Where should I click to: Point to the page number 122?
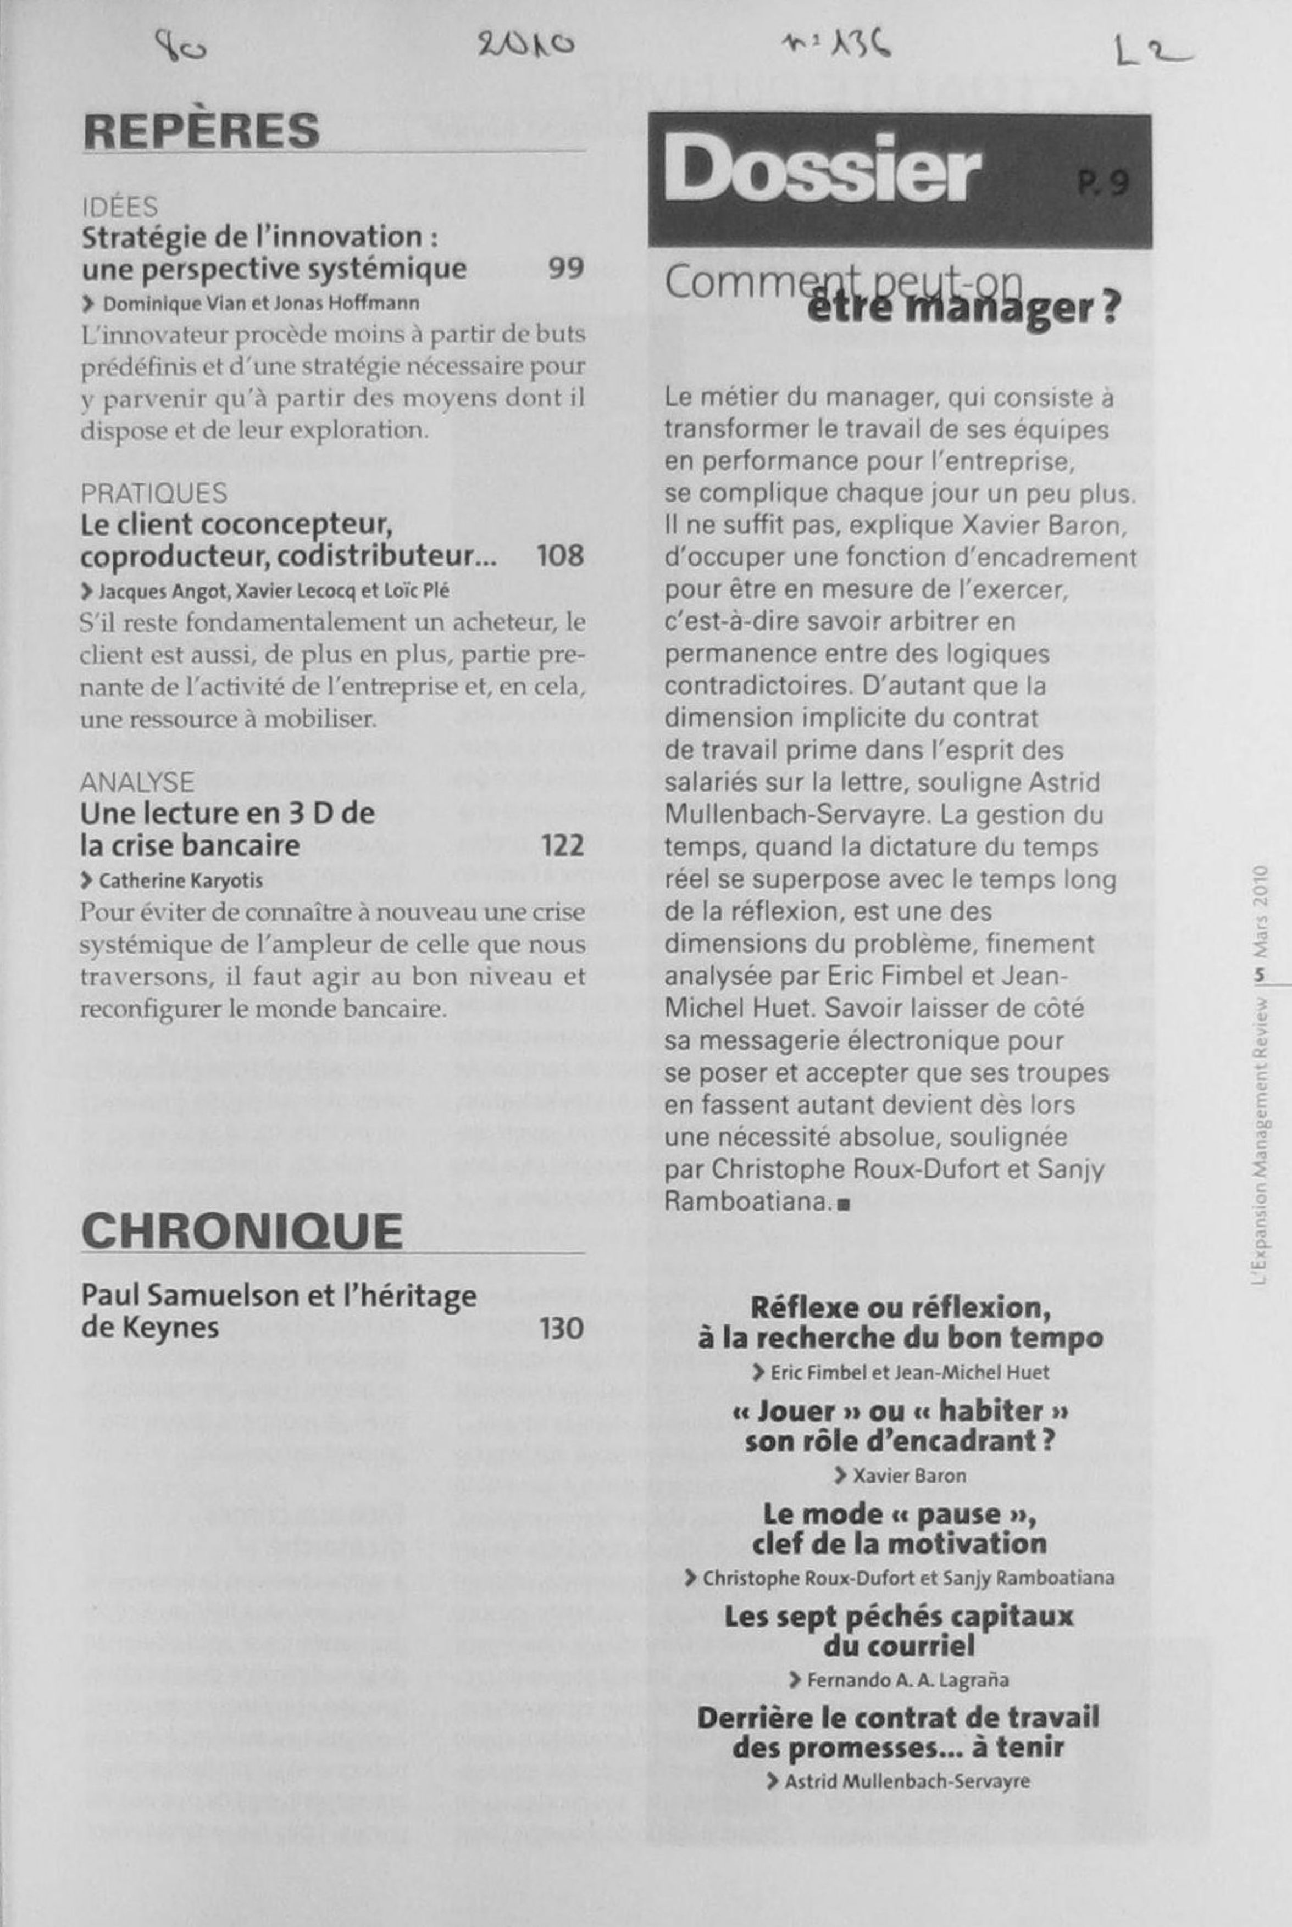(x=562, y=845)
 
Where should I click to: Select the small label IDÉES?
(x=119, y=207)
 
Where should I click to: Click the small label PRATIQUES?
(x=153, y=493)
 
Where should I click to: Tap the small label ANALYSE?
(x=137, y=782)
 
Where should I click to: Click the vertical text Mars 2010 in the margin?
(x=1258, y=911)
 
